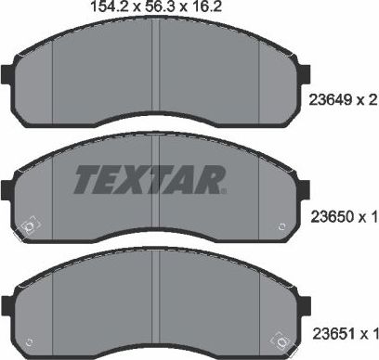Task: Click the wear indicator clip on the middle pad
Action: [29, 225]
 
